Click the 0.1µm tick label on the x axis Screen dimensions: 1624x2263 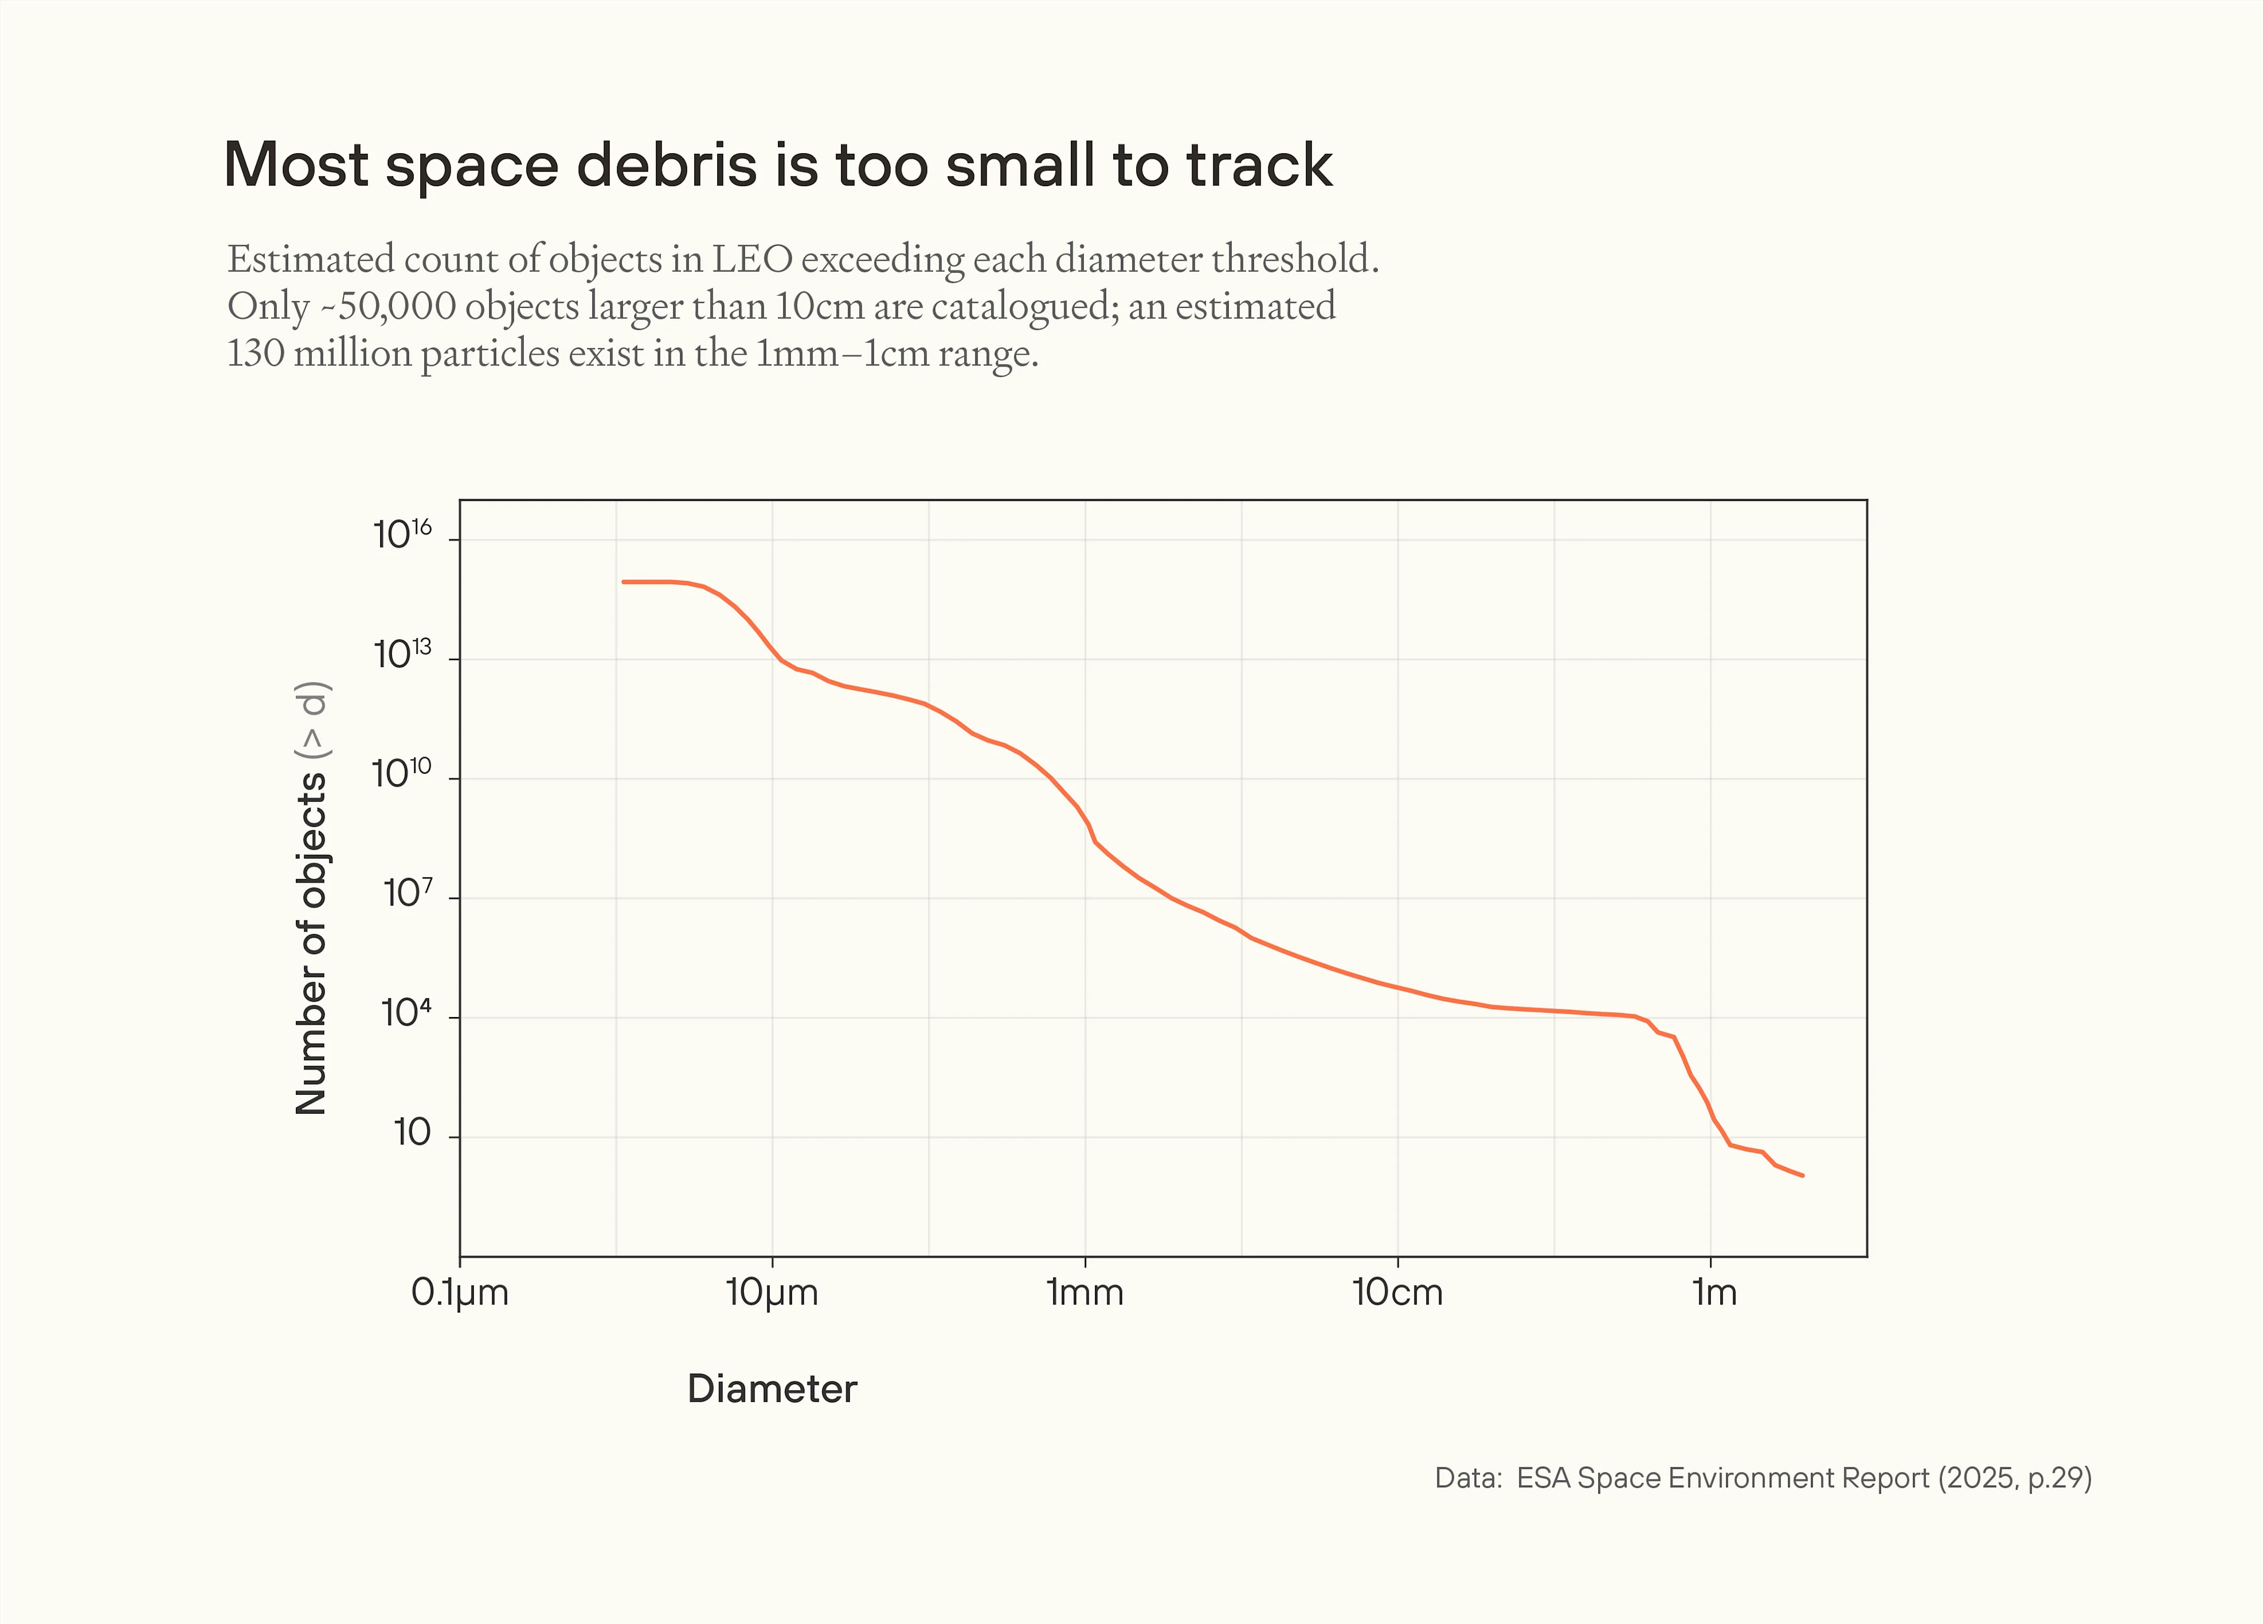[460, 1293]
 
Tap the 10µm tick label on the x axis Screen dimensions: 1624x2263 [771, 1293]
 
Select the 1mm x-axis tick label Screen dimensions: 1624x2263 [1084, 1293]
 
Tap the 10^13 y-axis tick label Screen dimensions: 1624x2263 [402, 655]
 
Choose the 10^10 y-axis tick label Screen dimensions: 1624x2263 [402, 774]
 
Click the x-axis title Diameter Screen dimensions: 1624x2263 [771, 1388]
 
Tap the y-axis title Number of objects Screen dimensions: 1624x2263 [311, 943]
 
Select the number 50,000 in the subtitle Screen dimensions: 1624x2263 [397, 306]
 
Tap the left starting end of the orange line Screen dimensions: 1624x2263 [624, 582]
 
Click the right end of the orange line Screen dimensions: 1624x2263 [1802, 1175]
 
